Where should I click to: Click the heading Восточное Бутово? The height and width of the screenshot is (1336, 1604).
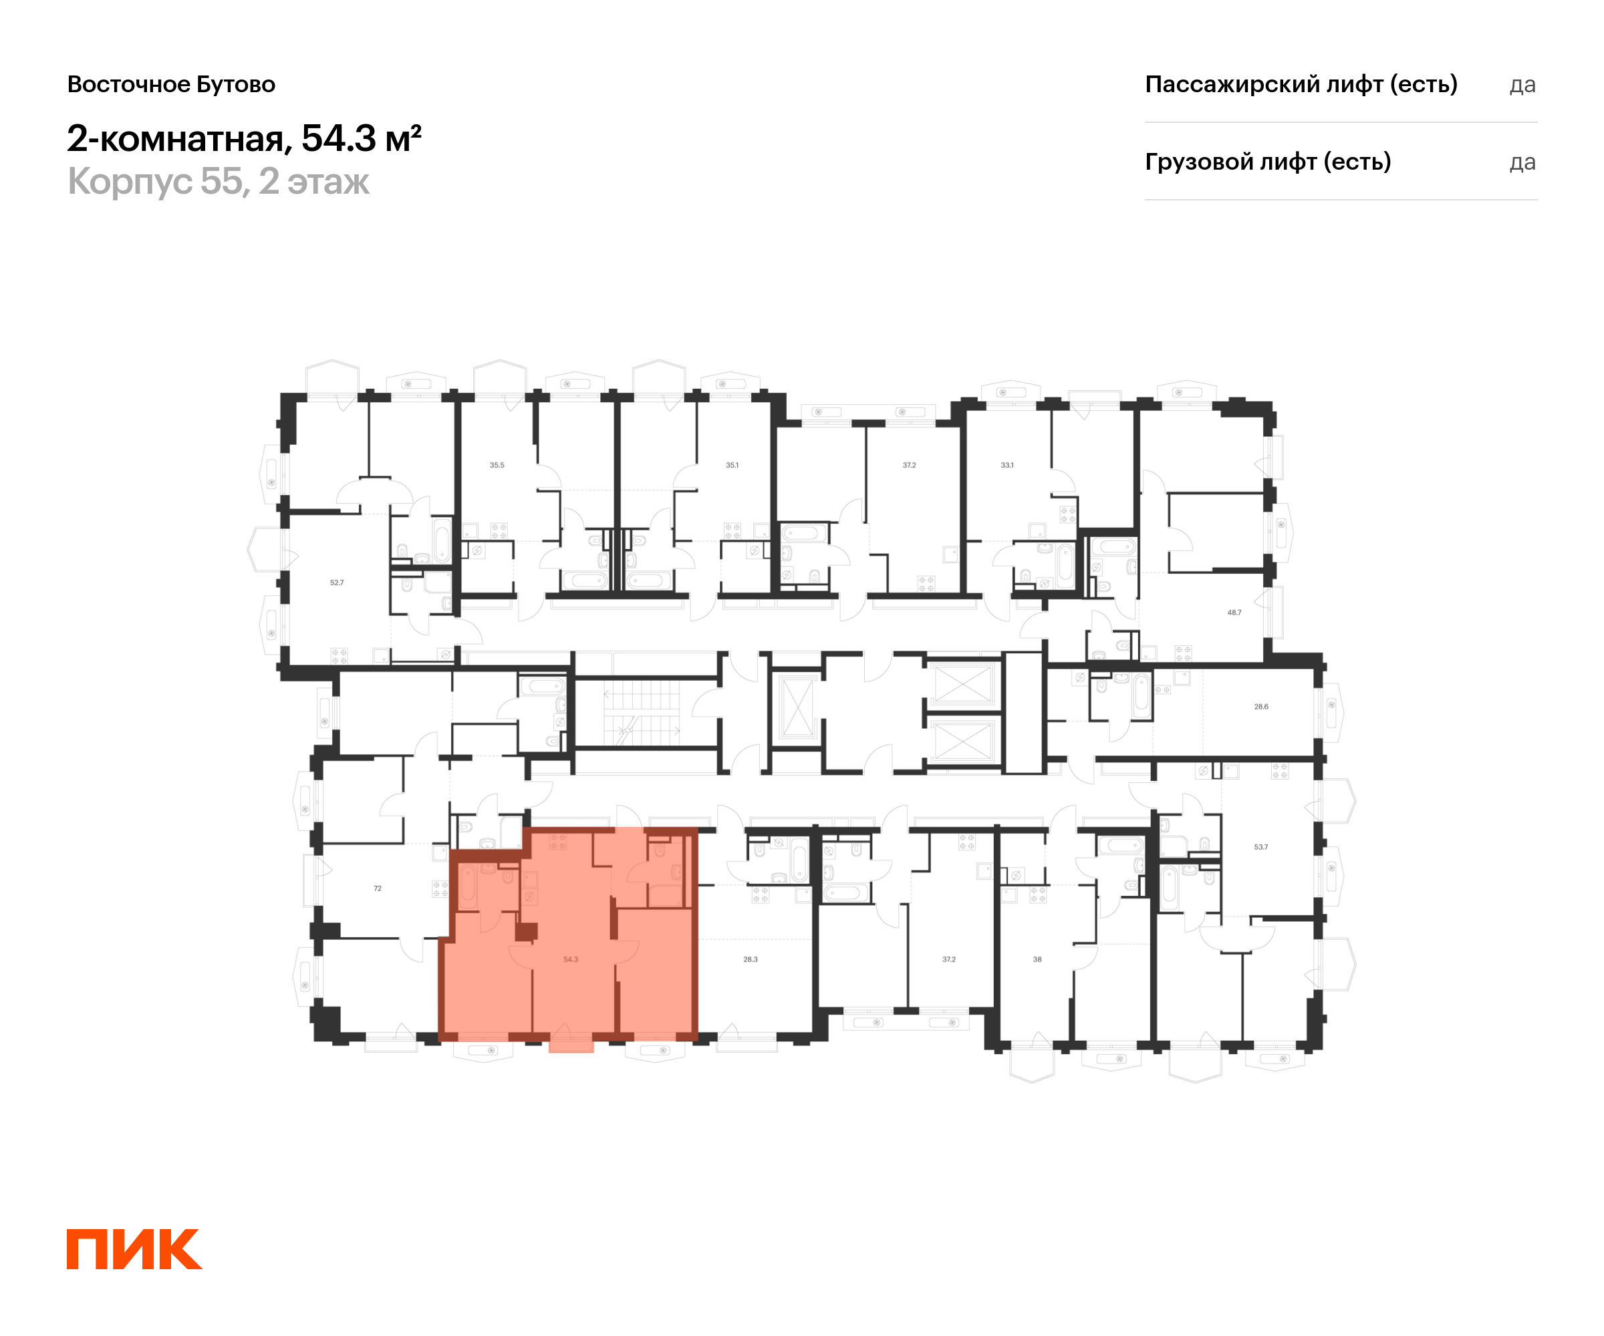click(x=171, y=84)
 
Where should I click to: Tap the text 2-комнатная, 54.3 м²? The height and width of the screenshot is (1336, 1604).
click(x=245, y=138)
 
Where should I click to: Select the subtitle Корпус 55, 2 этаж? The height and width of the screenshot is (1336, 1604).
click(x=219, y=182)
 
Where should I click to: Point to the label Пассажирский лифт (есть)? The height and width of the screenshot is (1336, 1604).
click(x=1301, y=84)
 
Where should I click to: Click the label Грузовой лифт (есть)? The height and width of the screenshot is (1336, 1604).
click(x=1268, y=162)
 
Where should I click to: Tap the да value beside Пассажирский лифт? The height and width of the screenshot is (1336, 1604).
click(x=1522, y=85)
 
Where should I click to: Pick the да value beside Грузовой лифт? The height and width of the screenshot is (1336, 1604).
click(x=1522, y=162)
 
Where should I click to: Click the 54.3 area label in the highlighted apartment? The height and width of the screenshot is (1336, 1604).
click(x=571, y=959)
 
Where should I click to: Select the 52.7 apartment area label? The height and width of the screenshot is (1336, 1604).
click(x=337, y=582)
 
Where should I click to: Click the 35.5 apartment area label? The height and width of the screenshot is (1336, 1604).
click(x=497, y=465)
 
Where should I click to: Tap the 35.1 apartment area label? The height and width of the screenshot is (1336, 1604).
click(x=732, y=465)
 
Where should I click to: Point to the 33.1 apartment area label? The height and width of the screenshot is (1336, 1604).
click(x=1007, y=465)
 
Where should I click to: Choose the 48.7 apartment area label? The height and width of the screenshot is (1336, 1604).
click(x=1234, y=613)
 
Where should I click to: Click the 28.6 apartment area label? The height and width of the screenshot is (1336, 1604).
click(x=1261, y=707)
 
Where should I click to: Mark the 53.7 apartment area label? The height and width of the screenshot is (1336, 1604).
click(x=1260, y=846)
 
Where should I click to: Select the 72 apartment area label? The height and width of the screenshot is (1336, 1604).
click(x=378, y=888)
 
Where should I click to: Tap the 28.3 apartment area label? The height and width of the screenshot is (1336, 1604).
click(x=750, y=959)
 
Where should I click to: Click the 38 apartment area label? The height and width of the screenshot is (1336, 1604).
click(x=1037, y=959)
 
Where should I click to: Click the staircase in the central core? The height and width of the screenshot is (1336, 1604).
click(x=642, y=711)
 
